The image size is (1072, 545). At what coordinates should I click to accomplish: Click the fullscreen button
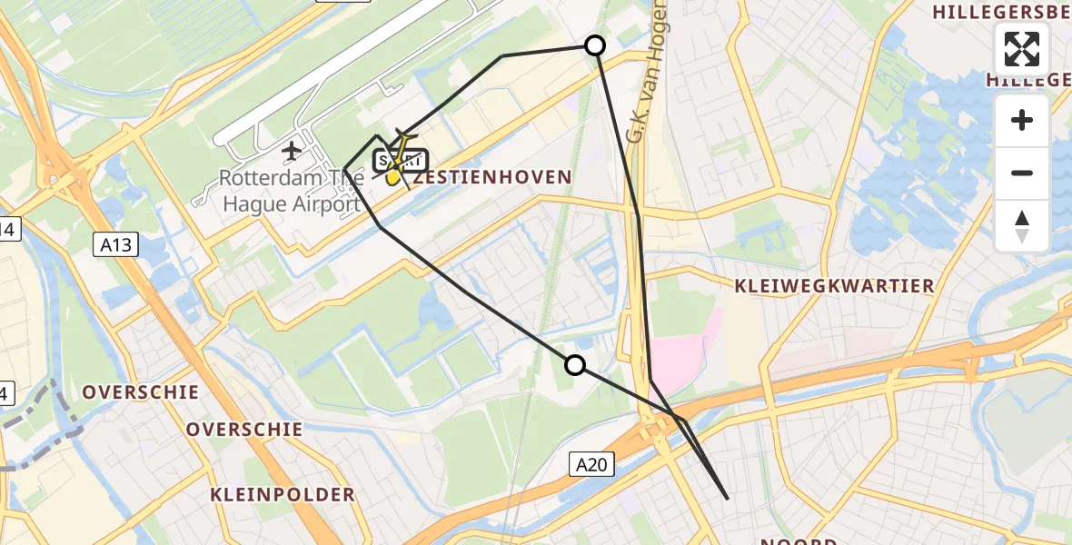click(x=1022, y=49)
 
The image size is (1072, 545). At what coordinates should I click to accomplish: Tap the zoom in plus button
click(x=1022, y=120)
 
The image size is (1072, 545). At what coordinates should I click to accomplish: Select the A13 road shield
click(x=115, y=243)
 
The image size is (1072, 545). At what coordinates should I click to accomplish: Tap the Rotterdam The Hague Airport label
click(x=291, y=191)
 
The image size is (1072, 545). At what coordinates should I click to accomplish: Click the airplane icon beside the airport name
click(x=292, y=150)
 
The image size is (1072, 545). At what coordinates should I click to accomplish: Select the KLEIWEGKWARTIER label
click(x=835, y=286)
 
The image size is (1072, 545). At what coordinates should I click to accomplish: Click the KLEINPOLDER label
click(x=282, y=495)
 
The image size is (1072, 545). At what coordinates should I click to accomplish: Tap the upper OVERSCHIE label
click(x=140, y=392)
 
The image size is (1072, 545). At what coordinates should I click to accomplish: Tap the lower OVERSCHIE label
click(x=244, y=429)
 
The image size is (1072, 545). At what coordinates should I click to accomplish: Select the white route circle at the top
click(x=595, y=45)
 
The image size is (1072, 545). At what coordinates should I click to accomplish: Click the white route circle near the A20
click(x=575, y=365)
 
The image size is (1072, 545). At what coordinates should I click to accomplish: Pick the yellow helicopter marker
click(x=394, y=174)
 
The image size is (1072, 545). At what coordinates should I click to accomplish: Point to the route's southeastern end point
click(x=728, y=498)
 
